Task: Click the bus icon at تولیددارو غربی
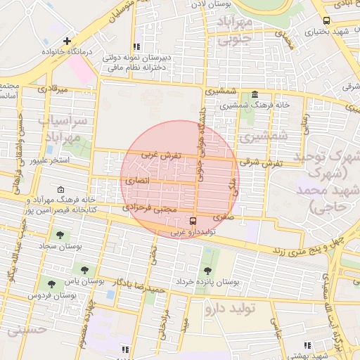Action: tap(174, 221)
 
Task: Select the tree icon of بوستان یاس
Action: tap(84, 270)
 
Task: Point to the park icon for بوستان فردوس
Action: tap(51, 285)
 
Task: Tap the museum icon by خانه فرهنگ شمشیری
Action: tap(254, 95)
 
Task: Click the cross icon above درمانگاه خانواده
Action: tap(67, 41)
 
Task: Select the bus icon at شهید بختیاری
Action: tap(326, 21)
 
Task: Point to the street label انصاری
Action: tap(137, 181)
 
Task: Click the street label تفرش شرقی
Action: tap(264, 162)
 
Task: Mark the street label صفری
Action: tap(220, 217)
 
